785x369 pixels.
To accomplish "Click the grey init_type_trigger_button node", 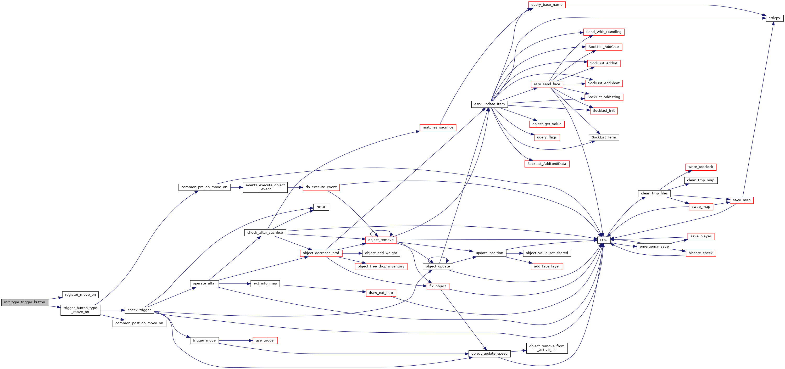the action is click(25, 302).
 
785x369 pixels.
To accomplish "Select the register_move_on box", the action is click(80, 295).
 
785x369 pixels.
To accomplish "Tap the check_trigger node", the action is click(139, 310).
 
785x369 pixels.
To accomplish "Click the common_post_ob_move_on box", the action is click(139, 323).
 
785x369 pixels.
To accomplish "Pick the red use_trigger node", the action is click(265, 341).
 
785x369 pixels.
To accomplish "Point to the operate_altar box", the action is click(204, 284).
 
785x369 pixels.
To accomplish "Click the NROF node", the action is click(321, 207).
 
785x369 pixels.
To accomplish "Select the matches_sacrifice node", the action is click(438, 128).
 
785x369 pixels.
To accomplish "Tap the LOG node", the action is click(604, 240).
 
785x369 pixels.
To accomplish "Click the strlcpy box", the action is click(774, 18).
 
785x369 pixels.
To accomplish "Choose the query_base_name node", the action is click(547, 5).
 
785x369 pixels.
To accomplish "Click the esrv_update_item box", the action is click(489, 104).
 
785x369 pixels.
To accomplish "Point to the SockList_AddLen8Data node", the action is click(547, 164).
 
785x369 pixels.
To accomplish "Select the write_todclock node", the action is click(701, 167).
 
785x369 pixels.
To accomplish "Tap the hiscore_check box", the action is click(701, 253).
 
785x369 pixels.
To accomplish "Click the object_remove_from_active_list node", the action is click(547, 348).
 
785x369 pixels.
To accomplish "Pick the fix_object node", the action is click(438, 286).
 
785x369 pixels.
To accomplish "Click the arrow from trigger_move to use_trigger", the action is click(236, 341).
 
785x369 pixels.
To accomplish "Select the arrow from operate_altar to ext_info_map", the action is click(235, 284).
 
